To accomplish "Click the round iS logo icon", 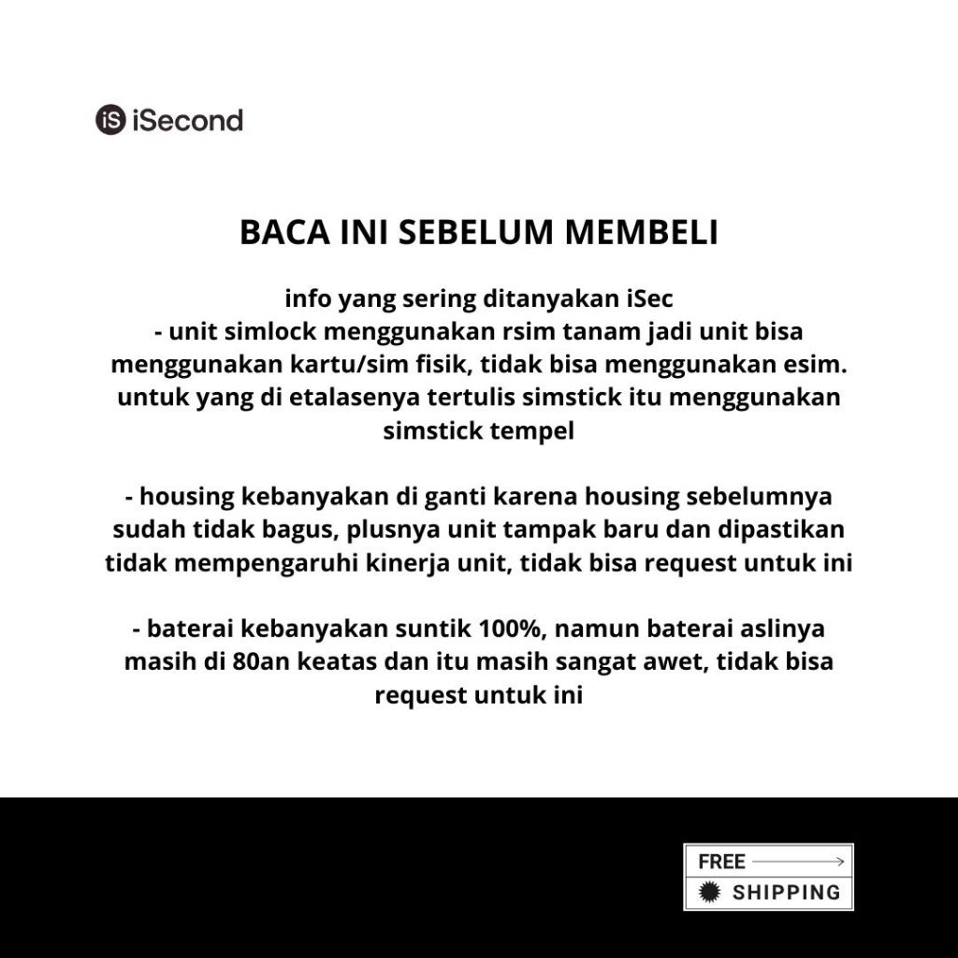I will (110, 120).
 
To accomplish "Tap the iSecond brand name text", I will (187, 120).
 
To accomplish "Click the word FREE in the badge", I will (721, 861).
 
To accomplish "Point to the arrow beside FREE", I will (800, 861).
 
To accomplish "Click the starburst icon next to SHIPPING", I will (710, 892).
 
